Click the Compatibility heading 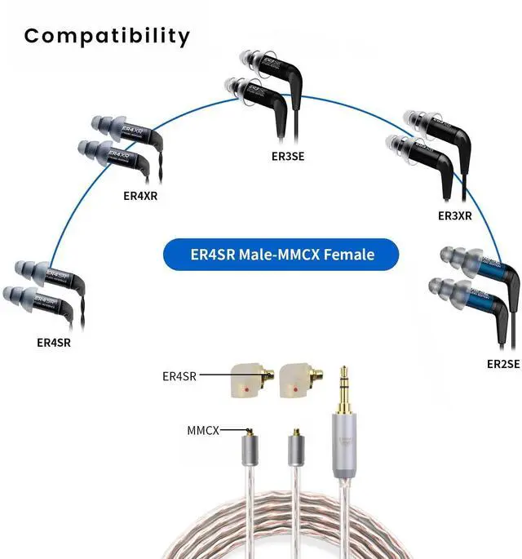(x=107, y=37)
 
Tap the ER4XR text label (x=139, y=195)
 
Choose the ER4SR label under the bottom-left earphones (x=53, y=343)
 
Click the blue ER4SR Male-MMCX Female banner (x=281, y=255)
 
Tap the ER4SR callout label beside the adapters (x=179, y=376)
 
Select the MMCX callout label (x=203, y=429)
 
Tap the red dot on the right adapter (x=293, y=392)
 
